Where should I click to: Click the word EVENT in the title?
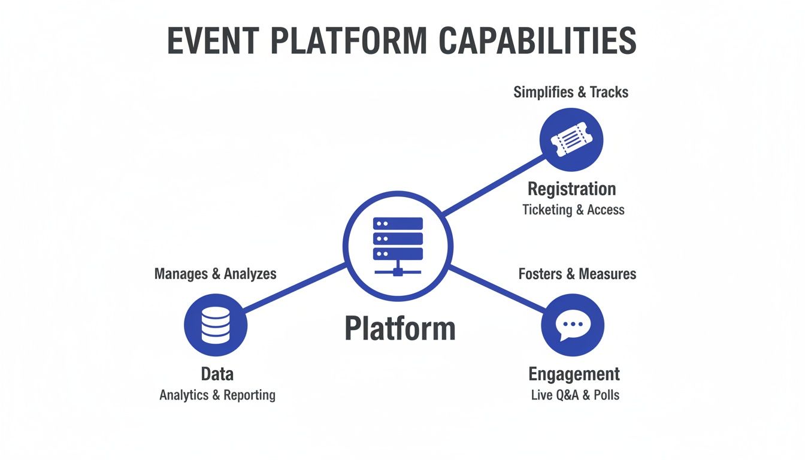pos(212,41)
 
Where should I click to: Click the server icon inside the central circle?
pos(398,246)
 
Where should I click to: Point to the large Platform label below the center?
pos(400,329)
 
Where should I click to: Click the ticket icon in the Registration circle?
pos(571,140)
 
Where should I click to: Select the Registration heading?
pos(571,189)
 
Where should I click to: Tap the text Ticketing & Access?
pos(573,210)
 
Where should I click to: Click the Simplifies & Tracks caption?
pos(571,92)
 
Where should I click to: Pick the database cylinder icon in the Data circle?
pos(216,325)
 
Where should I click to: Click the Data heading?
pos(217,374)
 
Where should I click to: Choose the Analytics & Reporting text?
pos(217,395)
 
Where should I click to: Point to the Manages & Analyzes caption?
pos(215,274)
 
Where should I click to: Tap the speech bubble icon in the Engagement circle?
pos(573,326)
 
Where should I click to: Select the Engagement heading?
pos(574,374)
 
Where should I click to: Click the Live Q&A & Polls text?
pos(575,395)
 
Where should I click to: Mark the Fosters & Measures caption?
pos(577,274)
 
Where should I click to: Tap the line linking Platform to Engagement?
pos(497,289)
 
